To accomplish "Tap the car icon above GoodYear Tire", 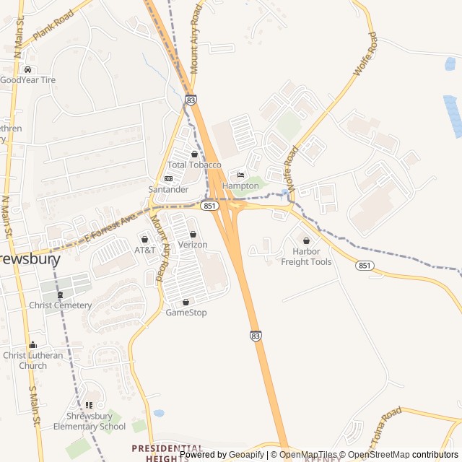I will (27, 70).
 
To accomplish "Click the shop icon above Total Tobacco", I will (193, 154).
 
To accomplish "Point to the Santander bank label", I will (168, 189).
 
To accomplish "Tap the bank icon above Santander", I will (168, 178).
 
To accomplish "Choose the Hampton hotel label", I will (240, 186).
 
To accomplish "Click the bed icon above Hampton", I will (240, 175).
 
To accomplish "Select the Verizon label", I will (193, 245).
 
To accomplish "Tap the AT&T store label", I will (145, 250).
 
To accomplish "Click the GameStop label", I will (186, 313).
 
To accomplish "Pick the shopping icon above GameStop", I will (186, 302).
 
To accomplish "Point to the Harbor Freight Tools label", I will (307, 256).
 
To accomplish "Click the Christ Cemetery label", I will (61, 305).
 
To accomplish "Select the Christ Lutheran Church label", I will (33, 360).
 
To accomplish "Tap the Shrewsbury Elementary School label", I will (90, 421).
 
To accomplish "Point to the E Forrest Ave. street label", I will (110, 227).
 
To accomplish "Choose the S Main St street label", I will (32, 404).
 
